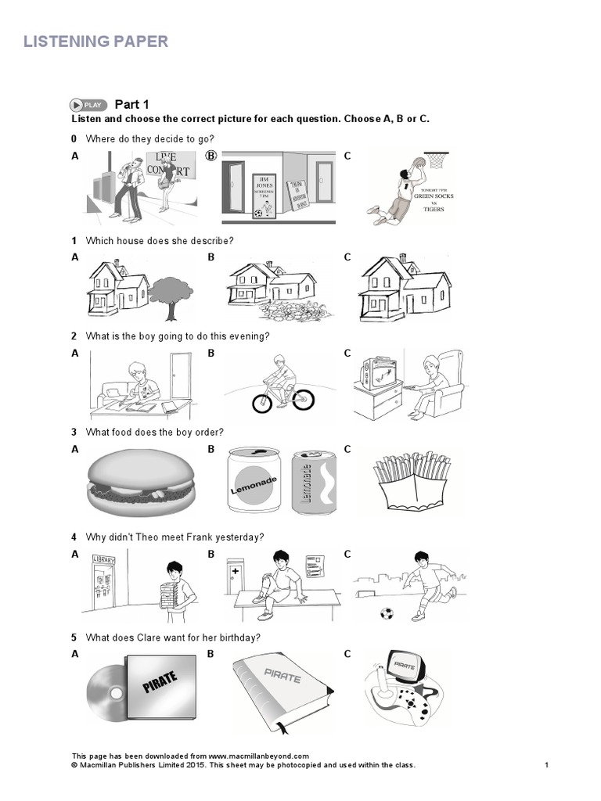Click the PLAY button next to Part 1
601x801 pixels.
pyautogui.click(x=88, y=105)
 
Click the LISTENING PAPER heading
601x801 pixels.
pyautogui.click(x=95, y=41)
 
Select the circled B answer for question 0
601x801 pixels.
pyautogui.click(x=211, y=156)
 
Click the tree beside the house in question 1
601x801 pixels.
pyautogui.click(x=171, y=293)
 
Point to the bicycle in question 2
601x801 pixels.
pyautogui.click(x=283, y=395)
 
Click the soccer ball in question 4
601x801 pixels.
pyautogui.click(x=387, y=613)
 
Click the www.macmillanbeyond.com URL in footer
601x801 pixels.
pyautogui.click(x=259, y=756)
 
